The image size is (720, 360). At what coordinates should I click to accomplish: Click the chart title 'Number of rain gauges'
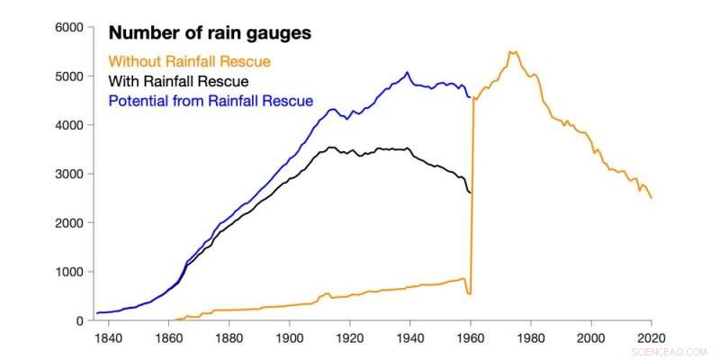pos(210,33)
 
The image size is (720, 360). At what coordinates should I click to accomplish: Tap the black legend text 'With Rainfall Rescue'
pos(178,81)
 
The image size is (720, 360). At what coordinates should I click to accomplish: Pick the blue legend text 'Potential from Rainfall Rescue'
pos(211,101)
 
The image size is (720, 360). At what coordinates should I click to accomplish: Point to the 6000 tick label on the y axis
pos(68,28)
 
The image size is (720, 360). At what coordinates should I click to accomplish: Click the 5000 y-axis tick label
pos(68,76)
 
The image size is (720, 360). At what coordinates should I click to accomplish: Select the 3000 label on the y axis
pos(68,174)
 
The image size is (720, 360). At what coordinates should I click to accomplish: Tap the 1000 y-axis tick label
pos(68,272)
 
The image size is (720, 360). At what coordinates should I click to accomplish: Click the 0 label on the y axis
pos(79,320)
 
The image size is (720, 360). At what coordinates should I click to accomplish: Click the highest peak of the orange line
pos(513,52)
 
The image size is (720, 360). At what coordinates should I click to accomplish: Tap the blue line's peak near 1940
pos(408,73)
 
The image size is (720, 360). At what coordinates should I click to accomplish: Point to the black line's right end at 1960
pos(470,193)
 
